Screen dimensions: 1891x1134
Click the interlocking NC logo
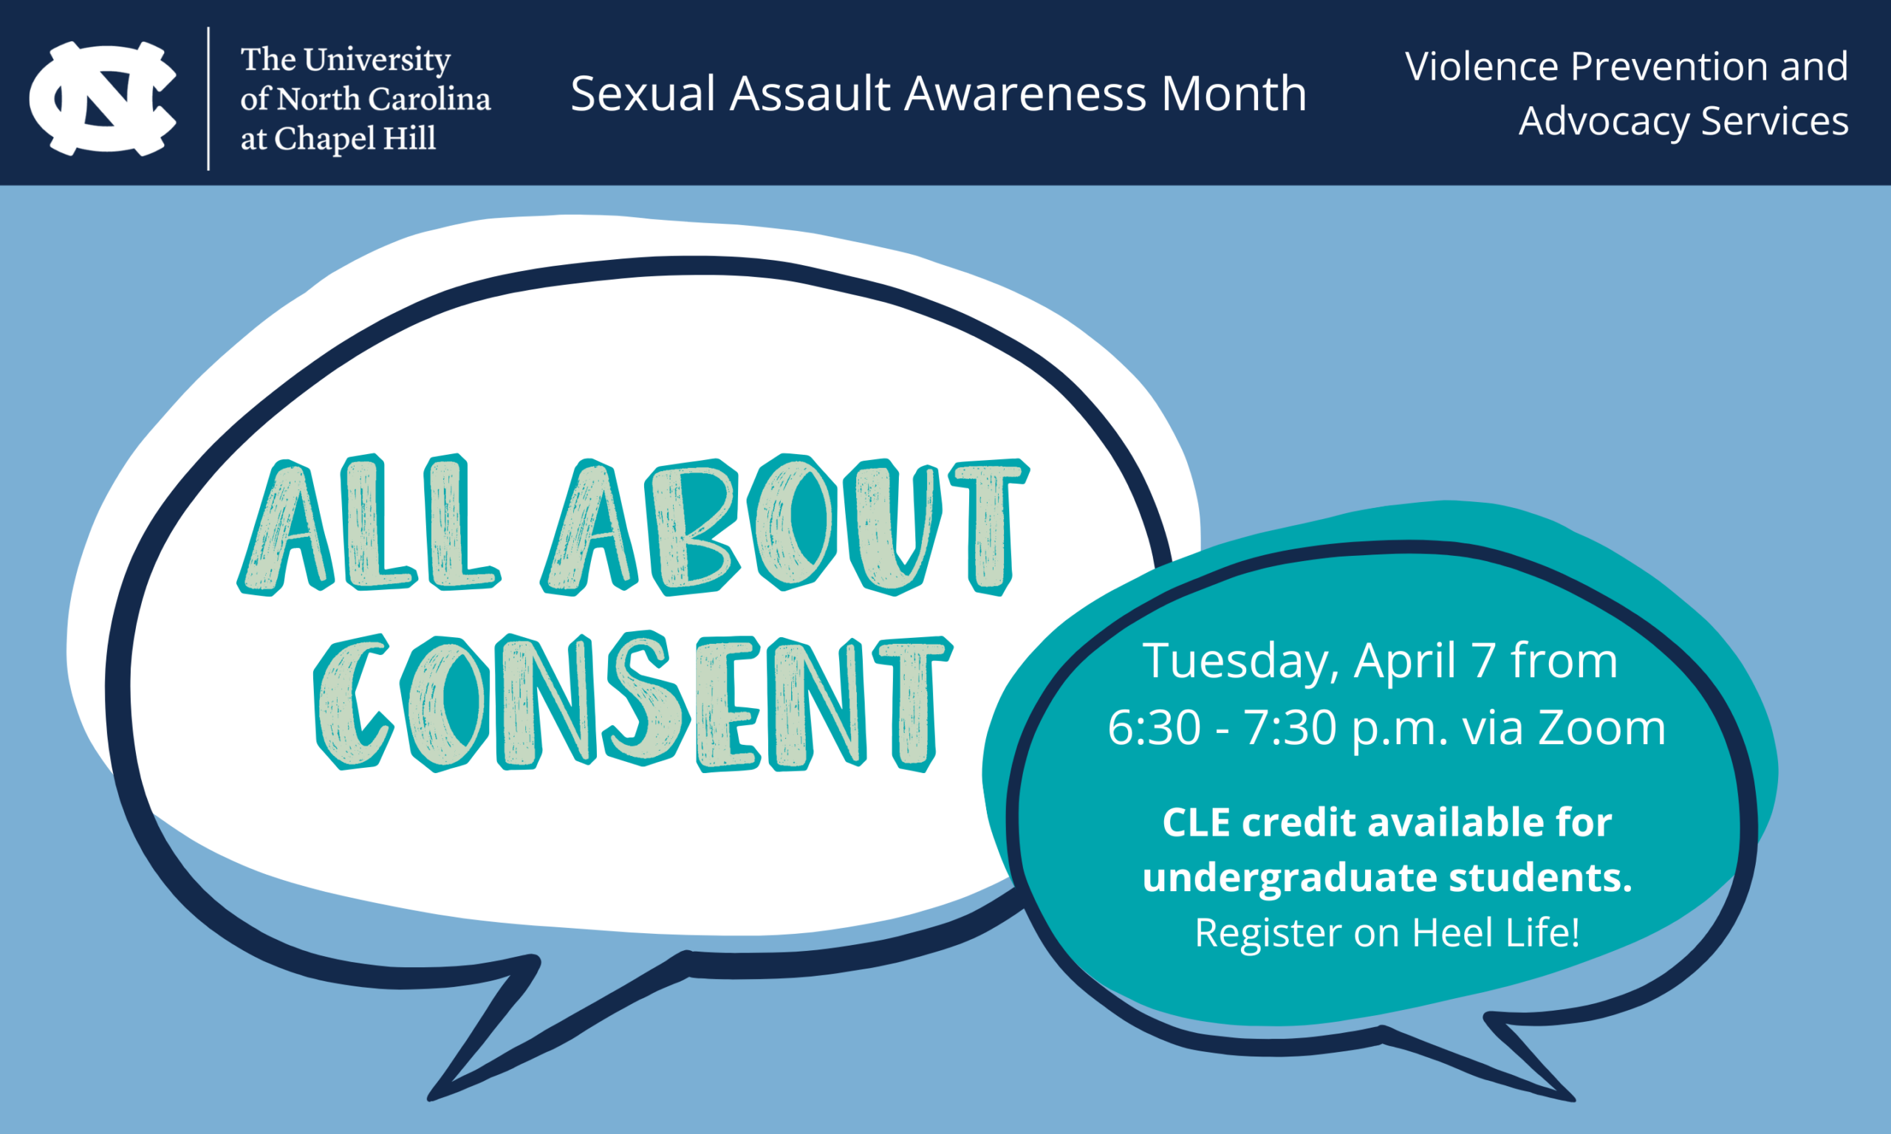click(x=103, y=99)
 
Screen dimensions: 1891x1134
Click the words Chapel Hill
click(x=355, y=138)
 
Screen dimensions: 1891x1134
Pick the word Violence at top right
click(x=1481, y=66)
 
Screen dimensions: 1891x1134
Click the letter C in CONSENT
click(x=354, y=701)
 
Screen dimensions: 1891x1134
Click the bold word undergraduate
click(x=1290, y=878)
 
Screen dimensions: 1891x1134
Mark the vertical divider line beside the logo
click(x=208, y=99)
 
